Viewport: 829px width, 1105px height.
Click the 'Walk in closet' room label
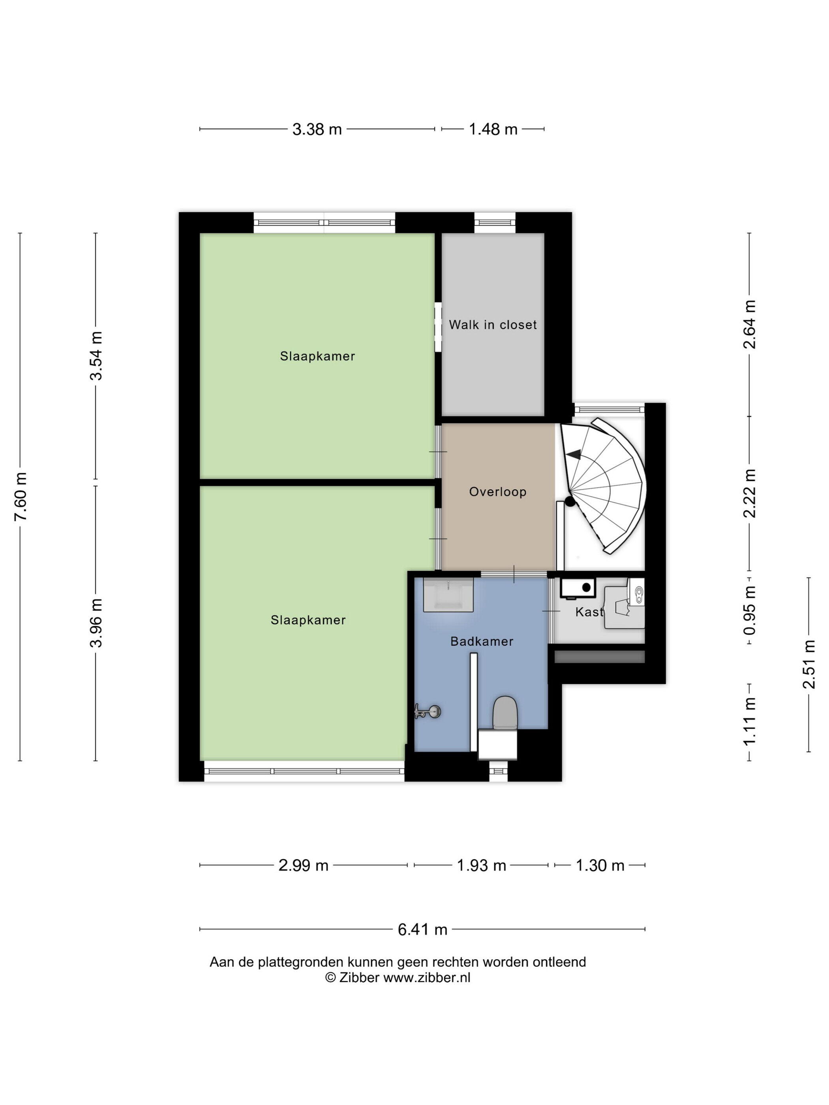(x=492, y=325)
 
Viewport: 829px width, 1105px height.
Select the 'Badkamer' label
(x=482, y=641)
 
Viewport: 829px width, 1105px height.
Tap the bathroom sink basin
(x=448, y=594)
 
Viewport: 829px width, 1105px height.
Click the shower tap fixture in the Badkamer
(x=428, y=712)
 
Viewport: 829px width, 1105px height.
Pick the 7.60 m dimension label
(x=21, y=496)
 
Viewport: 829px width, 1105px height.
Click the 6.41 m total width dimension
(x=422, y=930)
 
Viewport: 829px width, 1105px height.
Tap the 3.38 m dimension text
(x=317, y=129)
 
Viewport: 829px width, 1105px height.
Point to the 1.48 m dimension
(x=493, y=129)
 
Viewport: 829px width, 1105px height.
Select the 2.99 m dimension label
(x=303, y=865)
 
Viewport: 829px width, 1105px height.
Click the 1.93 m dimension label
(x=482, y=865)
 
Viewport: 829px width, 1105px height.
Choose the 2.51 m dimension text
(x=809, y=665)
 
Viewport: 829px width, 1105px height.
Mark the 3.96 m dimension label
(x=96, y=623)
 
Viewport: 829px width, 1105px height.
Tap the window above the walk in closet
(x=495, y=223)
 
